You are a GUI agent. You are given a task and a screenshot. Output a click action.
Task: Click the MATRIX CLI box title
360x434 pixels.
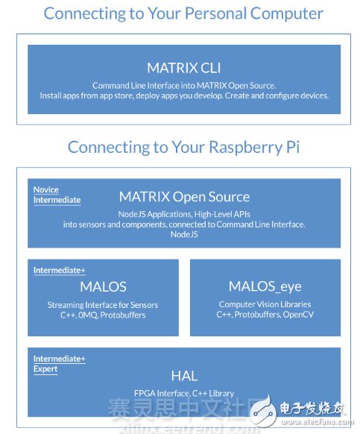[184, 69]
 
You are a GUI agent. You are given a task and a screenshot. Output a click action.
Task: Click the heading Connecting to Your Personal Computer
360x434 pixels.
[183, 13]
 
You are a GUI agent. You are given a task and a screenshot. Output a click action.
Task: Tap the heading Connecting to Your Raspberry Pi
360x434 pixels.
[184, 147]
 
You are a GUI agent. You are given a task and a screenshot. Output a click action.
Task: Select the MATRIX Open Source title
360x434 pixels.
[184, 197]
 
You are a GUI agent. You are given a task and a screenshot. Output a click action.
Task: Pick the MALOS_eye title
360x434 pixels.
[265, 287]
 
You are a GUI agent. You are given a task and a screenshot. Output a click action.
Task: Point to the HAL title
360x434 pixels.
[184, 377]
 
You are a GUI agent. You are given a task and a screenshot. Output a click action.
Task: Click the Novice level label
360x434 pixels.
[46, 190]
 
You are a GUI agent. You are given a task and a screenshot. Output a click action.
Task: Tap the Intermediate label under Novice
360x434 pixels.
[57, 200]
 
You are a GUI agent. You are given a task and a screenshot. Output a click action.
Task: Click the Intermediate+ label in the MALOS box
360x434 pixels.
[59, 271]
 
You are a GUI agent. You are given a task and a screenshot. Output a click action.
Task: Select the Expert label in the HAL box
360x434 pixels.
[45, 369]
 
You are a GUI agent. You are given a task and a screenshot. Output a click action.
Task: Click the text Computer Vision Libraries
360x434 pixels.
[265, 304]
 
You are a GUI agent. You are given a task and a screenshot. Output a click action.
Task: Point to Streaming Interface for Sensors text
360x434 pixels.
[102, 305]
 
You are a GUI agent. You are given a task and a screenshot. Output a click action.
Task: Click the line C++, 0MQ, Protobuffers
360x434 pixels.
[102, 315]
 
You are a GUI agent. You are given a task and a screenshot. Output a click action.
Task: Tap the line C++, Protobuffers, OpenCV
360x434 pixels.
[265, 315]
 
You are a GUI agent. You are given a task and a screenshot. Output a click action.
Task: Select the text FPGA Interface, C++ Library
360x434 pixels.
[184, 393]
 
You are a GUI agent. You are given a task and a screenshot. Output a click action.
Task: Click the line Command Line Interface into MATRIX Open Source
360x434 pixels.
[184, 86]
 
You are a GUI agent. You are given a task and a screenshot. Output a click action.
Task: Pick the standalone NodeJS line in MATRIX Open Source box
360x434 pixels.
[184, 233]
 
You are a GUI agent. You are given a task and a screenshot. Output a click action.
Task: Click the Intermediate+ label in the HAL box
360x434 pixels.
[59, 359]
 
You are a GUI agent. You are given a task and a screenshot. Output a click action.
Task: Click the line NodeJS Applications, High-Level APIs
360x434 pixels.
[184, 214]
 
